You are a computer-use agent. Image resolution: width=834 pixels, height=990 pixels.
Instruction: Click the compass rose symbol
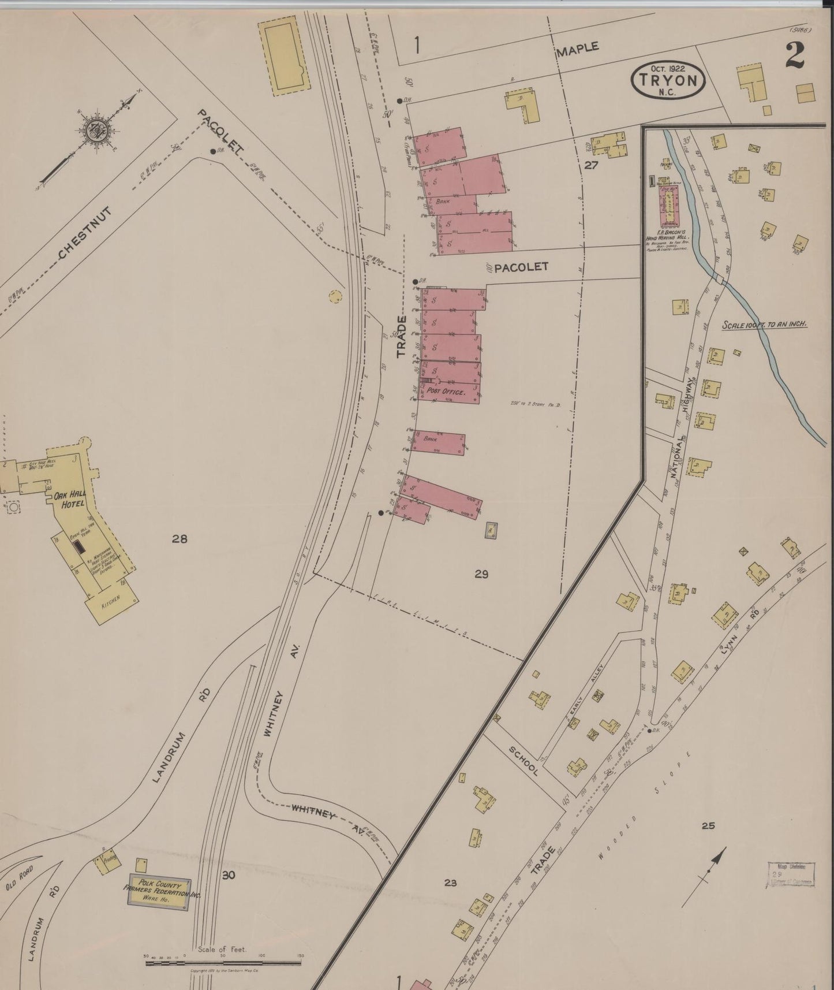pyautogui.click(x=92, y=131)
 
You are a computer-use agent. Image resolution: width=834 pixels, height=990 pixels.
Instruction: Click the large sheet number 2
pyautogui.click(x=796, y=56)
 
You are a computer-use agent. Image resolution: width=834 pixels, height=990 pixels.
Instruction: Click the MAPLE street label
pyautogui.click(x=577, y=49)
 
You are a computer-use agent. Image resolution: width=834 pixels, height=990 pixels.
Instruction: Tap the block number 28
pyautogui.click(x=179, y=539)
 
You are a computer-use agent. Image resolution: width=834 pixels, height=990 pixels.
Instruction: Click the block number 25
pyautogui.click(x=708, y=826)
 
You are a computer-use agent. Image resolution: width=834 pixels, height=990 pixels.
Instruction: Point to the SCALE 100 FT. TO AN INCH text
pyautogui.click(x=764, y=325)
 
